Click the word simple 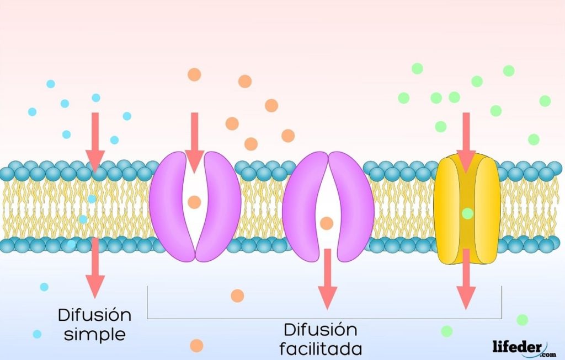click(94, 334)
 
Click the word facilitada click(321, 348)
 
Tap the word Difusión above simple click(94, 316)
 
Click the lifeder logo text click(516, 346)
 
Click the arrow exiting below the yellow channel click(466, 278)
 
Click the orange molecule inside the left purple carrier click(194, 202)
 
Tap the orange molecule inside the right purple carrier click(327, 223)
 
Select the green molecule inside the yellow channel click(467, 213)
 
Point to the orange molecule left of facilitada click(196, 346)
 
